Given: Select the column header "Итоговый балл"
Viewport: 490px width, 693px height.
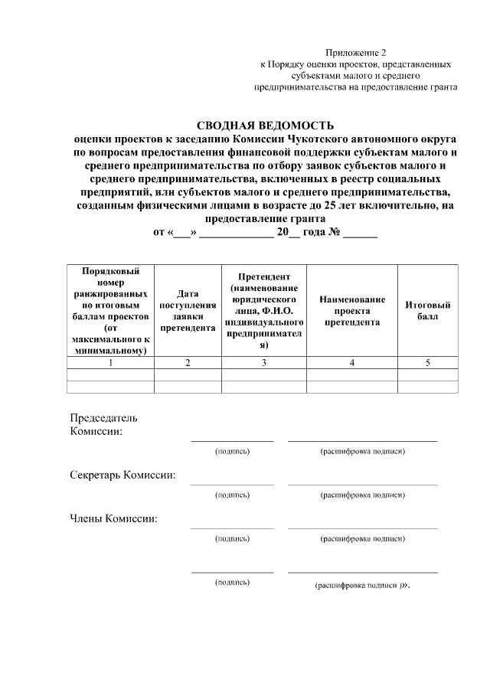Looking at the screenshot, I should click(427, 311).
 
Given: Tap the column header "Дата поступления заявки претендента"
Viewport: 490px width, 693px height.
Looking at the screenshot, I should click(188, 310).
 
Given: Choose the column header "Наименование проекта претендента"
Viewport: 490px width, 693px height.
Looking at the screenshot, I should click(352, 311).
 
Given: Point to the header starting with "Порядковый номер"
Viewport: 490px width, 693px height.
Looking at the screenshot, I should click(111, 311).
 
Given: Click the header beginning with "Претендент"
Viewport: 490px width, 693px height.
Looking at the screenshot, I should click(264, 311).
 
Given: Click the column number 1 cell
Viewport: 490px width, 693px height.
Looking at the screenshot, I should click(111, 363).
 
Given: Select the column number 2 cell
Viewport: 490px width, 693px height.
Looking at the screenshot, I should click(188, 363).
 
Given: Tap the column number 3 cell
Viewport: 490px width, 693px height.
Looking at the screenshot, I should click(264, 363).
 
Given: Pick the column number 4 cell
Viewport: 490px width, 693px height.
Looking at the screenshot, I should click(352, 363).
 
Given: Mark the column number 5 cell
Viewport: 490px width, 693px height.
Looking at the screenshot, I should click(427, 363).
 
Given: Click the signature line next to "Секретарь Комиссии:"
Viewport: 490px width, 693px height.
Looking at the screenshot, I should click(232, 483).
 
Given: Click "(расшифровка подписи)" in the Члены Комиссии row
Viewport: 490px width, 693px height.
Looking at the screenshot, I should click(362, 539).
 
